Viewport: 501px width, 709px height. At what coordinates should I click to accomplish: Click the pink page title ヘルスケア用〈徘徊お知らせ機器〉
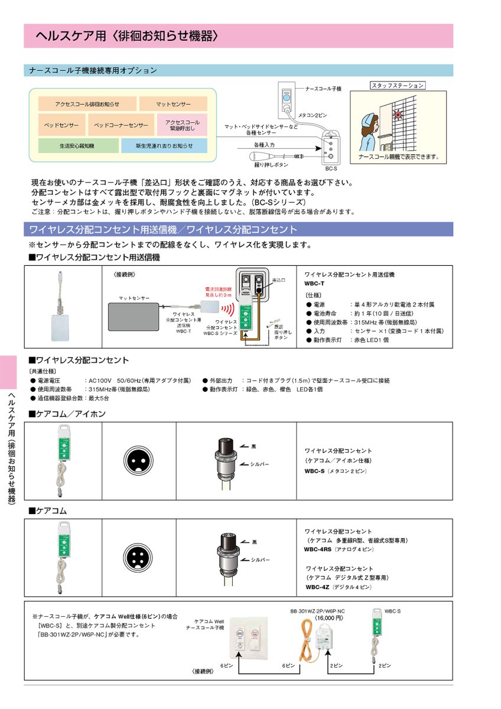[127, 36]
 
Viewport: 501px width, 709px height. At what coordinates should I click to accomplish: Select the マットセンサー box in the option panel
[173, 104]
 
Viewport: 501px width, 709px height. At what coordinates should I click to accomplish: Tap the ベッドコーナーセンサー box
[121, 125]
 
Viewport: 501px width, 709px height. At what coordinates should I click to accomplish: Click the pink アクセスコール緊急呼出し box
[182, 125]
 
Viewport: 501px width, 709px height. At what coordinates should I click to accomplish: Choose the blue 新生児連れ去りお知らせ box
[164, 145]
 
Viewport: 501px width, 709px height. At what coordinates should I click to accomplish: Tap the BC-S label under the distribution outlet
[330, 168]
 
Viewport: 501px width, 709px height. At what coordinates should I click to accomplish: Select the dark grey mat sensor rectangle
[132, 316]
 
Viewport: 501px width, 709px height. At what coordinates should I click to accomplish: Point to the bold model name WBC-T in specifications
[314, 284]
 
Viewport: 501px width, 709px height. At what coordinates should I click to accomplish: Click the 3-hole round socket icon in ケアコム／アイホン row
[139, 458]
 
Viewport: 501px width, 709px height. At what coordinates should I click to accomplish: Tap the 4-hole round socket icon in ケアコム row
[139, 556]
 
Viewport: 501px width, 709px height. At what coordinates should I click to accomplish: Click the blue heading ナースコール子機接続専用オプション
[93, 70]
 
